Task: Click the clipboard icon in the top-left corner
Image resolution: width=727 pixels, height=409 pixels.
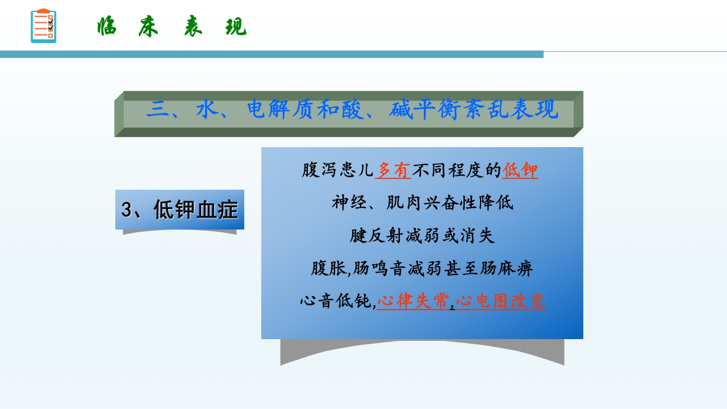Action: click(x=43, y=26)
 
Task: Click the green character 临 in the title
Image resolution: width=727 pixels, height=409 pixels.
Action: click(x=107, y=27)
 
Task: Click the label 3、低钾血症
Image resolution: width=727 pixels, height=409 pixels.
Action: click(x=179, y=210)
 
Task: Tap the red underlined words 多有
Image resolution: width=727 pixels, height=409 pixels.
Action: click(x=393, y=170)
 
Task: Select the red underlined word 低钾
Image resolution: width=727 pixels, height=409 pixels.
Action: click(x=520, y=170)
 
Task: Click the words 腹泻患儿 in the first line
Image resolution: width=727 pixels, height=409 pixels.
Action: click(x=337, y=170)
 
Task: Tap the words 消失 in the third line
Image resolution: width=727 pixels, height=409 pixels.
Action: click(x=478, y=235)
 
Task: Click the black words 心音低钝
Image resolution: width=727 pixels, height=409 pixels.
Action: click(x=336, y=301)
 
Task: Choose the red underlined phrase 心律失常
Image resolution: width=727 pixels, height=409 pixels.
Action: click(x=413, y=301)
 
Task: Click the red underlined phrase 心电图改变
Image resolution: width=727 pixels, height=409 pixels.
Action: click(x=500, y=301)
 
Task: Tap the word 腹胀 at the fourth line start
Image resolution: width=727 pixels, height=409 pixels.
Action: click(x=328, y=268)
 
